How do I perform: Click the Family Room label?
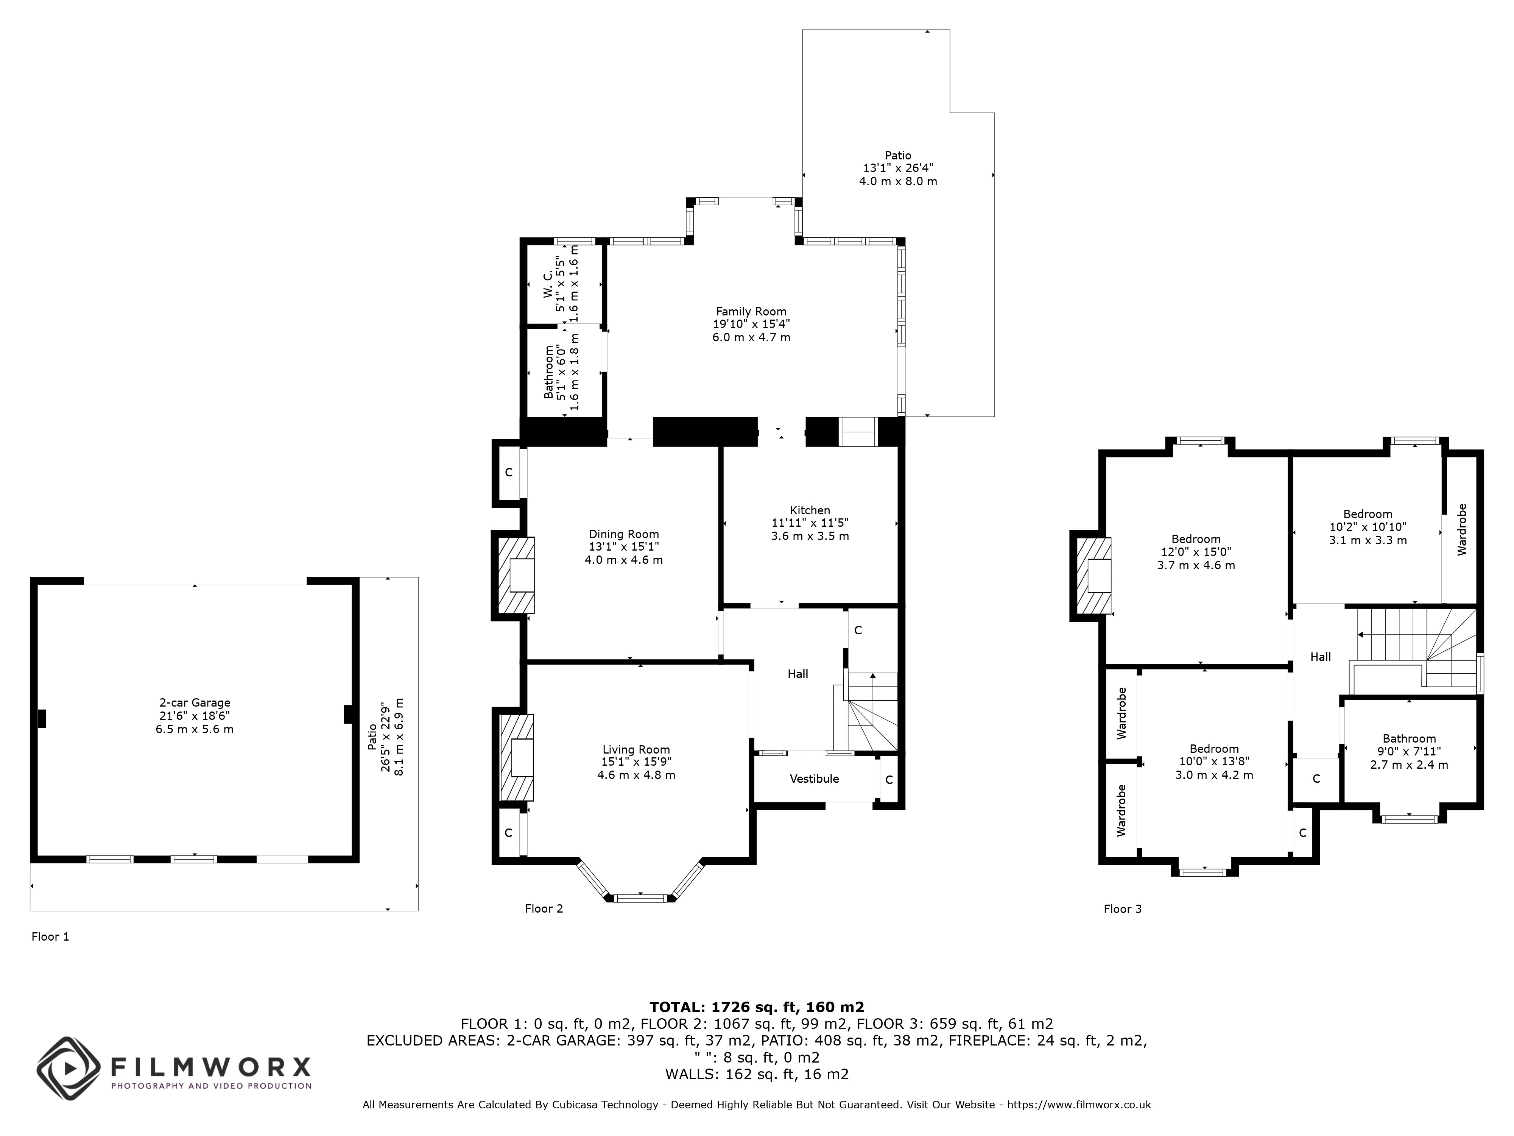751,312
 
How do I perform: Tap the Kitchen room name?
810,510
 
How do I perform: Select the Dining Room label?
623,534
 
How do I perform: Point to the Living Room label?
636,750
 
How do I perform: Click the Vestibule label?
814,779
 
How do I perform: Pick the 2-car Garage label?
195,702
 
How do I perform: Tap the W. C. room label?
548,284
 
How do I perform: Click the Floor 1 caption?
50,937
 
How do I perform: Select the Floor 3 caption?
1123,909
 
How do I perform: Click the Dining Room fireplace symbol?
516,574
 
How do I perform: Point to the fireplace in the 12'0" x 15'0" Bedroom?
1094,575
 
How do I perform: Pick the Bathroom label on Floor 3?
1409,738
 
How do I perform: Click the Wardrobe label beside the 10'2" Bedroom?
1462,529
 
